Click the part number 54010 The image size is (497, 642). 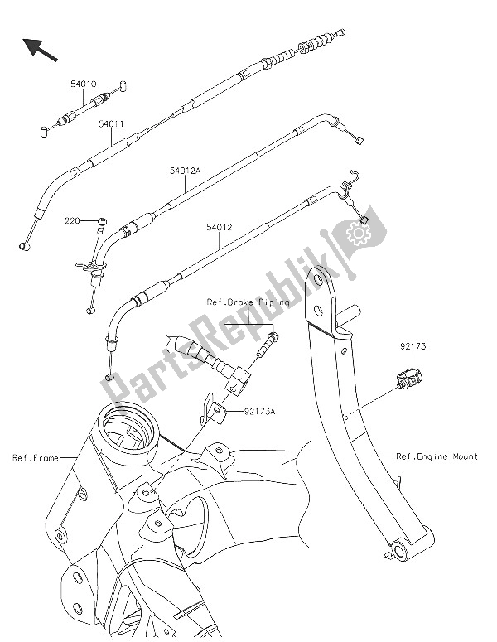click(82, 84)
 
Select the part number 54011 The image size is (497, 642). click(111, 124)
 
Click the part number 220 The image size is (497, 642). click(74, 221)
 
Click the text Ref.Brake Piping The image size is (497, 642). click(247, 303)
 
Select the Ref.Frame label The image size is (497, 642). click(35, 457)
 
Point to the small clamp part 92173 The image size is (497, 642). click(409, 379)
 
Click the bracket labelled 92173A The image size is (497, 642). click(215, 410)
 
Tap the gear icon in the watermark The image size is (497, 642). click(360, 236)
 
